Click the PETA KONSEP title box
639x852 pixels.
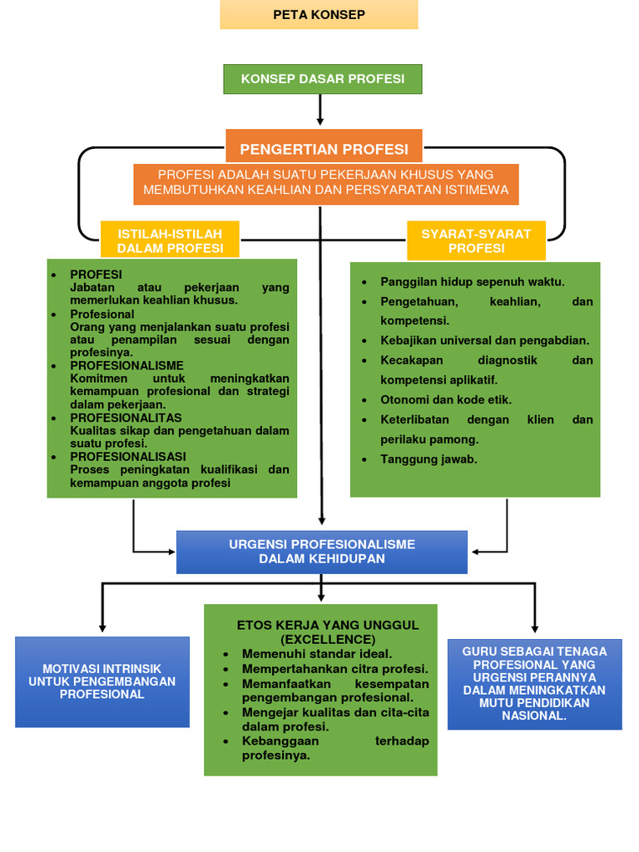pyautogui.click(x=319, y=15)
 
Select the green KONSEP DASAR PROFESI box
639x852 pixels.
pyautogui.click(x=323, y=79)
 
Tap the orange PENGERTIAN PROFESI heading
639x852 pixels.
pyautogui.click(x=324, y=149)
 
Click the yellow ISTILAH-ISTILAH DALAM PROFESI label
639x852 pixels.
pyautogui.click(x=170, y=240)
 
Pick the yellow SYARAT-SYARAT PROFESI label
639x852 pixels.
pyautogui.click(x=476, y=240)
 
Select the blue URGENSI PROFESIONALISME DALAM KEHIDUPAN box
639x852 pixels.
pyautogui.click(x=322, y=552)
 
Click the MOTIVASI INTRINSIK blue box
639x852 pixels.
pyautogui.click(x=102, y=681)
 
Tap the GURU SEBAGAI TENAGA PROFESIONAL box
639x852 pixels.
pyautogui.click(x=534, y=683)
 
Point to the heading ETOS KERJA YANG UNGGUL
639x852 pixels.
pyautogui.click(x=328, y=625)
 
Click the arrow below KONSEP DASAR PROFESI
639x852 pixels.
pyautogui.click(x=320, y=111)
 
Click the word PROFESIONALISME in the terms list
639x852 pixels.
pyautogui.click(x=126, y=365)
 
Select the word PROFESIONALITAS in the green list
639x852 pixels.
pyautogui.click(x=126, y=418)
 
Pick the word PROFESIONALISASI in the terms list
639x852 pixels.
pyautogui.click(x=128, y=457)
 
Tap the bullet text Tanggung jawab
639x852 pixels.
pyautogui.click(x=428, y=459)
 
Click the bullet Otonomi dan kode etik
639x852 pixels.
pyautogui.click(x=446, y=399)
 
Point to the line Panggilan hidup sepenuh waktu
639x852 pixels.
pyautogui.click(x=472, y=281)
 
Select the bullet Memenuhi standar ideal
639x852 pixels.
pyautogui.click(x=316, y=654)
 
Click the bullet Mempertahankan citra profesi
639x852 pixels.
pyautogui.click(x=334, y=669)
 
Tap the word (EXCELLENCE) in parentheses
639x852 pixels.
pyautogui.click(x=328, y=639)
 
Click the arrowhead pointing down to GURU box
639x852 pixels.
pyautogui.click(x=534, y=628)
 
